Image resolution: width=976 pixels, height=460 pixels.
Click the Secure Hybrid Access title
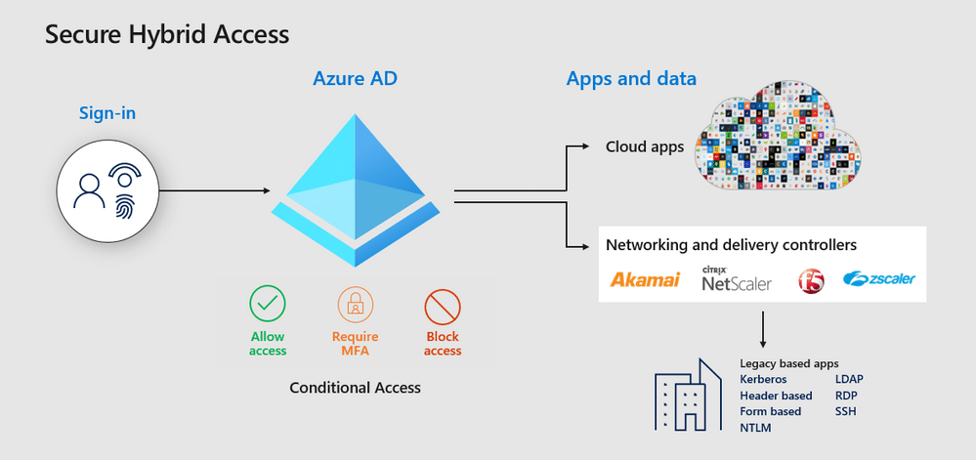[x=167, y=34]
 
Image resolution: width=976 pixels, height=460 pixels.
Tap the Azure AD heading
[x=356, y=77]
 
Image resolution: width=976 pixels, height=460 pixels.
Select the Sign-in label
[x=107, y=113]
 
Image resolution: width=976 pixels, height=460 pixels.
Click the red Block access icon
[x=443, y=307]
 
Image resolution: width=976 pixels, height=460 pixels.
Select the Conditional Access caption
[x=355, y=388]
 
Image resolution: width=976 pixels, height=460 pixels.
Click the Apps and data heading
[x=631, y=79]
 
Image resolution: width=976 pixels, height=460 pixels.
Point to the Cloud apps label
[x=645, y=147]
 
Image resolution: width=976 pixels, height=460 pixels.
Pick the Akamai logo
[x=645, y=280]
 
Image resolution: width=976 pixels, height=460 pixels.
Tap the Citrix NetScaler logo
[x=737, y=279]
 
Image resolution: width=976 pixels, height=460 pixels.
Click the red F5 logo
[x=811, y=281]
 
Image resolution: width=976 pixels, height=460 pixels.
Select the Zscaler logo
[x=878, y=279]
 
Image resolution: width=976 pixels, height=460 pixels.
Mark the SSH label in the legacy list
[x=846, y=411]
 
